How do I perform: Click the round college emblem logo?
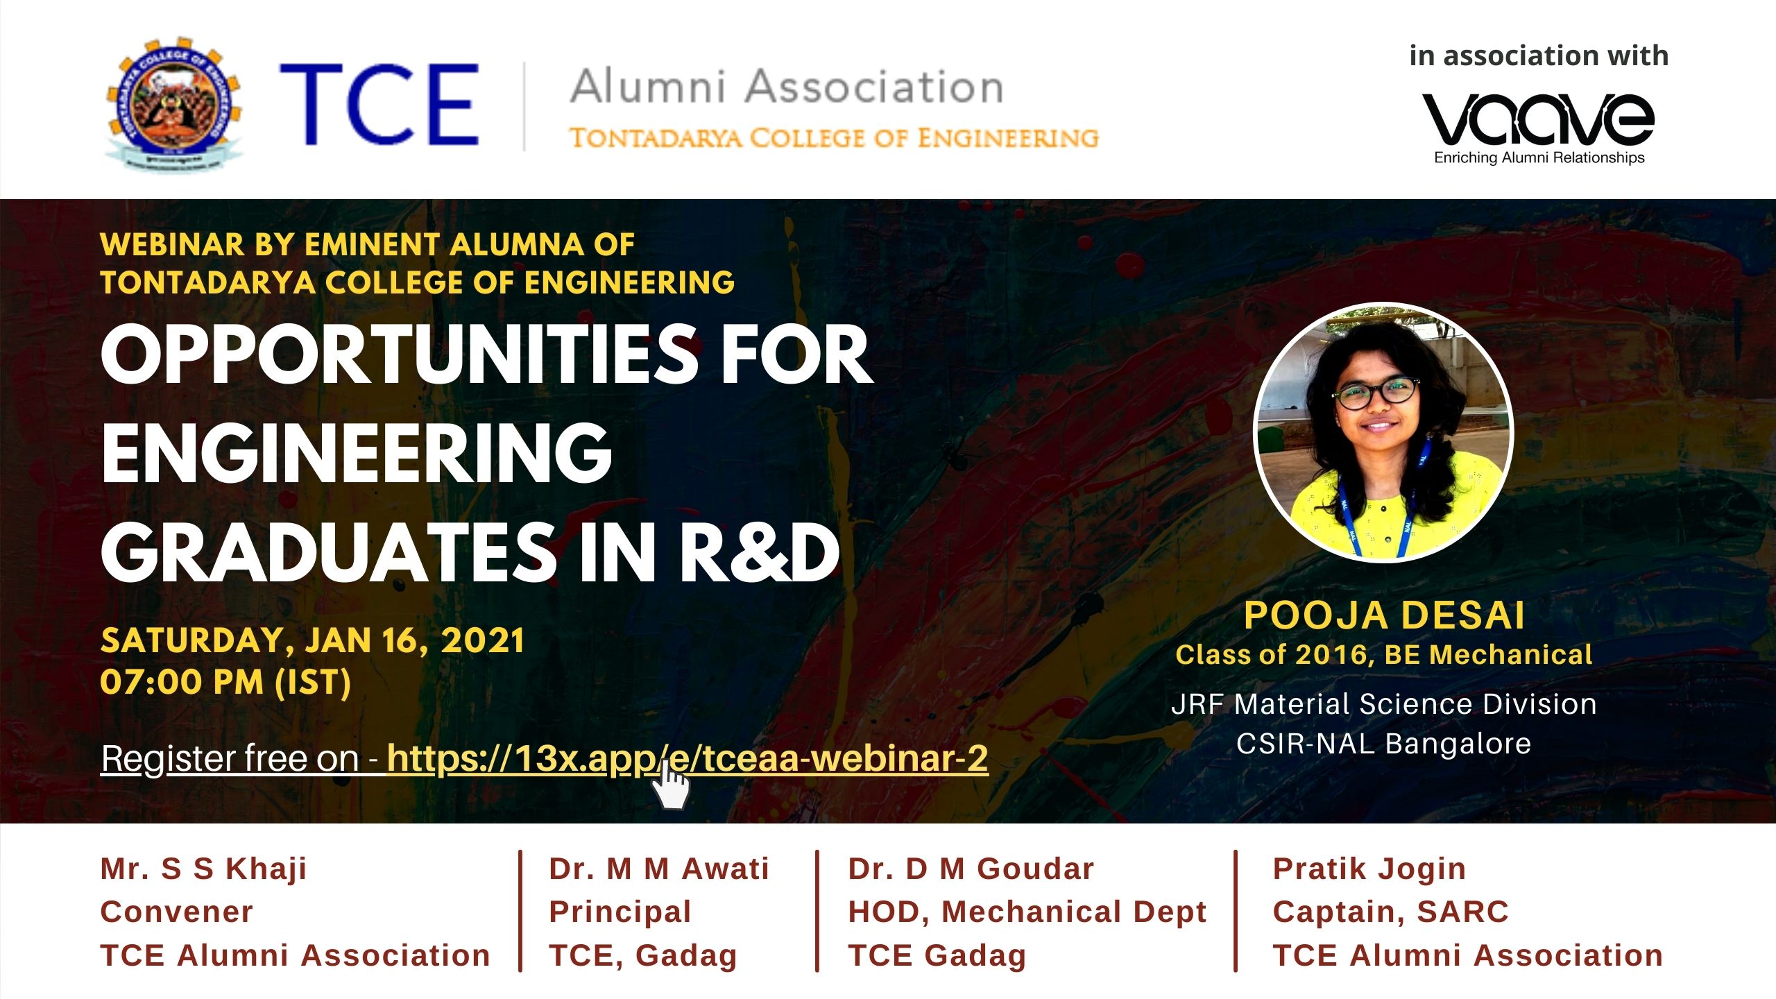(x=173, y=104)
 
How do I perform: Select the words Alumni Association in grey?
(x=787, y=87)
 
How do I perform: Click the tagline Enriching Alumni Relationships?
(x=1539, y=158)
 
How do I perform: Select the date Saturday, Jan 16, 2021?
(x=312, y=640)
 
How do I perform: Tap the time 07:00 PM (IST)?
(x=225, y=682)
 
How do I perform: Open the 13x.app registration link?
(x=688, y=758)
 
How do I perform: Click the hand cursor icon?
(x=670, y=784)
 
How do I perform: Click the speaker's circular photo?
(x=1383, y=432)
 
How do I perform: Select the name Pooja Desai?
(x=1384, y=615)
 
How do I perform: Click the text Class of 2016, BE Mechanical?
(x=1384, y=655)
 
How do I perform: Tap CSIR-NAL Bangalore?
(x=1384, y=744)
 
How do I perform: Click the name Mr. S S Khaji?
(x=203, y=869)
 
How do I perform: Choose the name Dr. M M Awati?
(x=659, y=869)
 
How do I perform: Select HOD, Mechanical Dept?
(x=1027, y=912)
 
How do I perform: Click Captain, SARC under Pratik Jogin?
(x=1391, y=912)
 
